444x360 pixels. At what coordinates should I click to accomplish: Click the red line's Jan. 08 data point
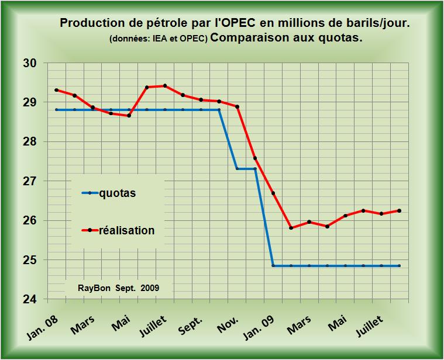[x=56, y=90]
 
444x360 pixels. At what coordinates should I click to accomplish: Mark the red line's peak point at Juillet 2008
[x=165, y=86]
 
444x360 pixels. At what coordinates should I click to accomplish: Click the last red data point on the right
[x=400, y=211]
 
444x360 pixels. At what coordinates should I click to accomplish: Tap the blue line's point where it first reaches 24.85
[x=273, y=266]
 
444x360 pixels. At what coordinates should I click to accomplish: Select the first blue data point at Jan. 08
[x=56, y=110]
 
